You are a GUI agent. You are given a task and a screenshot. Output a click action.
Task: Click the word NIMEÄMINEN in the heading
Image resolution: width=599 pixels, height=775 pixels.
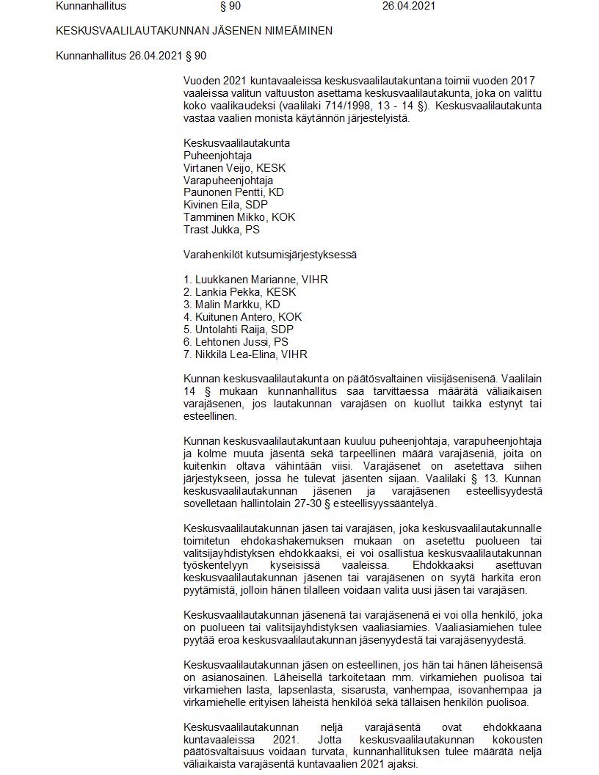coord(288,31)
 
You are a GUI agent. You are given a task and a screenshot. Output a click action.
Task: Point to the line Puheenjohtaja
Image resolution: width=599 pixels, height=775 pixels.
coord(217,156)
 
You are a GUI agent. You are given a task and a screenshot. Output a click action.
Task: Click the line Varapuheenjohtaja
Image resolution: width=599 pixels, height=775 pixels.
coord(228,181)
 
